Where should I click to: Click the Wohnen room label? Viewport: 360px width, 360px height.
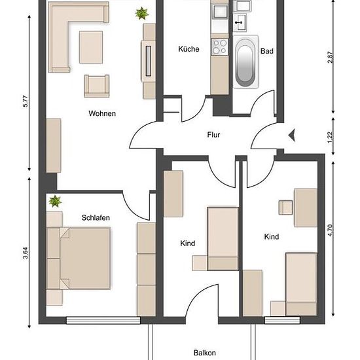click(102, 113)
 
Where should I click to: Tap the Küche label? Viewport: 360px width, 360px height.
click(189, 49)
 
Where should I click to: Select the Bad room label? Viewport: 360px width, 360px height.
click(267, 51)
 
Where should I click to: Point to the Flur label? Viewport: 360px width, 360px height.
click(213, 135)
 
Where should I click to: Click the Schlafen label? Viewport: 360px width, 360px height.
click(96, 217)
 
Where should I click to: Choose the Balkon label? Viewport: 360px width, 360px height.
click(205, 353)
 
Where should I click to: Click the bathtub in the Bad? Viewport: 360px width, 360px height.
click(245, 62)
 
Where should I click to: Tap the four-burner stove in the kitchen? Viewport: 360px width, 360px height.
click(220, 47)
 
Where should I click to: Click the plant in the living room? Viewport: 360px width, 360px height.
click(141, 13)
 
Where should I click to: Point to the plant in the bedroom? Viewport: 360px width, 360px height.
click(55, 201)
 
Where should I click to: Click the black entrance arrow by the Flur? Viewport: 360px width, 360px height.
click(292, 135)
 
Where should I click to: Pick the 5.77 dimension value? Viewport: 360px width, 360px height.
click(26, 101)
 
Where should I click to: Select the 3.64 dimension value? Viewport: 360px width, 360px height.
click(26, 253)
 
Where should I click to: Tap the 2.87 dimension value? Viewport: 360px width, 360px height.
click(330, 58)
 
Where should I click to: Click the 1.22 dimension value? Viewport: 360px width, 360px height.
click(330, 137)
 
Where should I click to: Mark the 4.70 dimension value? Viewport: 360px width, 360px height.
click(330, 230)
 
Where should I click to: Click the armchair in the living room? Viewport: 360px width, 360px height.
click(96, 86)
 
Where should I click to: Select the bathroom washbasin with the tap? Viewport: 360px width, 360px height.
click(240, 22)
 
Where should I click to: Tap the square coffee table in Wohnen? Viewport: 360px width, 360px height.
click(91, 47)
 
